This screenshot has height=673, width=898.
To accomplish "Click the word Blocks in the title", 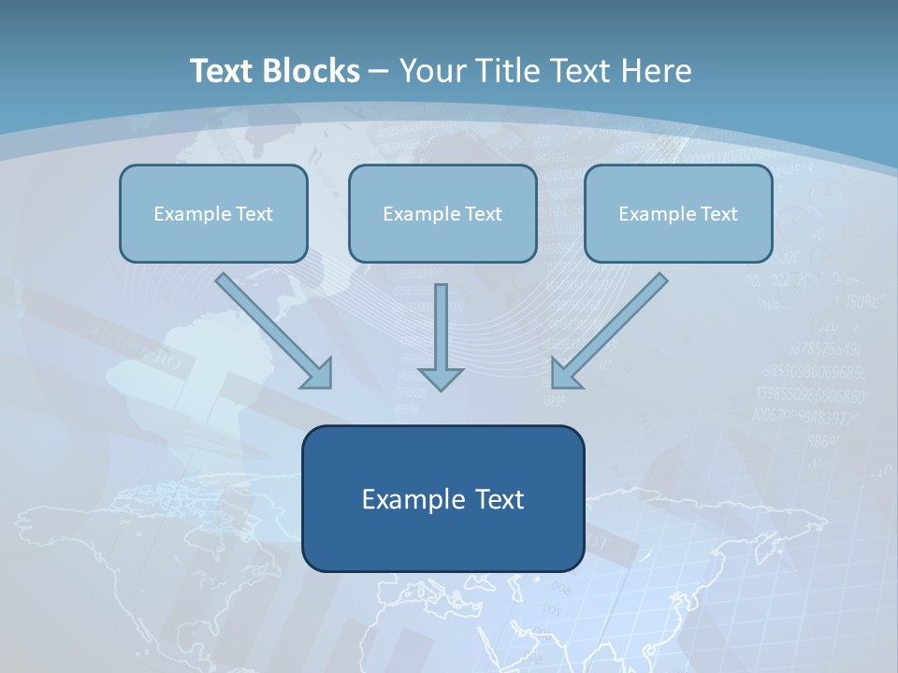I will (x=312, y=71).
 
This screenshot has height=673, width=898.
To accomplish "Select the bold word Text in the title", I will (x=224, y=71).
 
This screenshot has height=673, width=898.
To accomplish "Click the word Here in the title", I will (x=657, y=71).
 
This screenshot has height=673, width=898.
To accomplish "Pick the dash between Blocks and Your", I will (x=379, y=72).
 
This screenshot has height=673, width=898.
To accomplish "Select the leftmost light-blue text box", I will (x=213, y=238).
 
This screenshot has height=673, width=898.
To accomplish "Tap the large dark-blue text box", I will (x=442, y=542).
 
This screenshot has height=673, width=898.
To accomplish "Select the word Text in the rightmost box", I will (x=718, y=214).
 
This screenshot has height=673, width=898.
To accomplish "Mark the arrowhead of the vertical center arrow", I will (x=441, y=378).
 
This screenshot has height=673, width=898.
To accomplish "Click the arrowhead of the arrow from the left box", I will (x=318, y=373).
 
